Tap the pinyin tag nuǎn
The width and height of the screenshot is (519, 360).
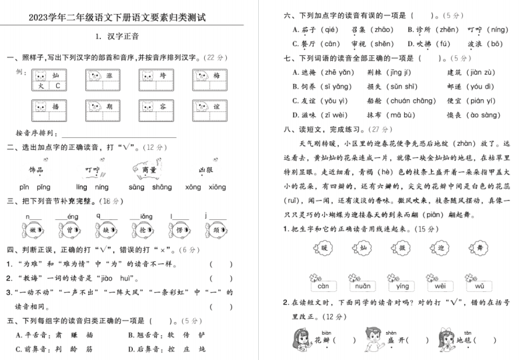click(x=362, y=286)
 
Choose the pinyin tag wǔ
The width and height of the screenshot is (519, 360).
click(x=480, y=286)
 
